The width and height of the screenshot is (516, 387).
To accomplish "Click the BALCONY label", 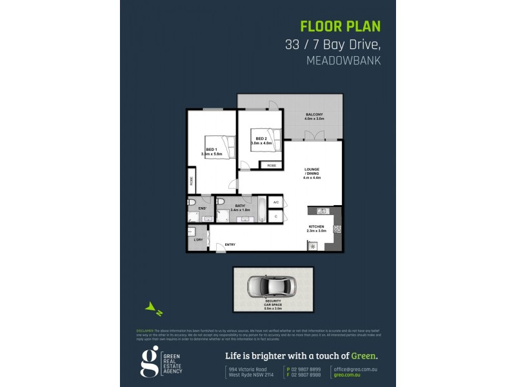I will click(x=314, y=115).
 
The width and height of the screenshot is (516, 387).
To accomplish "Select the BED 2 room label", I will click(x=261, y=139).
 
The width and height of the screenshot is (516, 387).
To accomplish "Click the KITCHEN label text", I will click(x=317, y=226).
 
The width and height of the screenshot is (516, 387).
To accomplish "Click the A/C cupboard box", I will click(x=275, y=203).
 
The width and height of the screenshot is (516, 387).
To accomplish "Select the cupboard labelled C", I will click(x=275, y=216).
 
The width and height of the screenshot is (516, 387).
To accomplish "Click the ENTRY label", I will click(x=230, y=244).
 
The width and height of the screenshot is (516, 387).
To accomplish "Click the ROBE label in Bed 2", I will click(x=272, y=166).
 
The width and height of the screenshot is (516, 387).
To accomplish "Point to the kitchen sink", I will click(x=321, y=210).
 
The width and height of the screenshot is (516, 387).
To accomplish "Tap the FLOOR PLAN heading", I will click(x=341, y=26).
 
